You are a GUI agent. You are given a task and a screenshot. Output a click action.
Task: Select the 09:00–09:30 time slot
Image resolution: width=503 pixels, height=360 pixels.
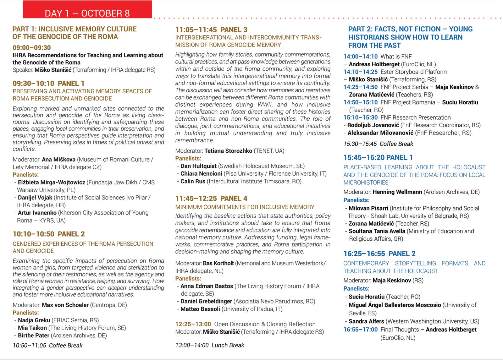32,48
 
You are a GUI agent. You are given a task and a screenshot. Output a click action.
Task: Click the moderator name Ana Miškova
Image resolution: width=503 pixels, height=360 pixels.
58,160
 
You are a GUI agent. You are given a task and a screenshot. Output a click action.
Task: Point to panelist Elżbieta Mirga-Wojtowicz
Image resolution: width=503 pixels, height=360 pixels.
52,182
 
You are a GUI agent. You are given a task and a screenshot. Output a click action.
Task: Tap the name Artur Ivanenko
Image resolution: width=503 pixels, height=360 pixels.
37,213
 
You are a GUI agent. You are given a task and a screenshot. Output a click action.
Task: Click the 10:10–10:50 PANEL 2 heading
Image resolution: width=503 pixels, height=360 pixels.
49,234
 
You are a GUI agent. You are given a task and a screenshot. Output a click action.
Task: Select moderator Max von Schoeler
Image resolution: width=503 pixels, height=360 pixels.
65,305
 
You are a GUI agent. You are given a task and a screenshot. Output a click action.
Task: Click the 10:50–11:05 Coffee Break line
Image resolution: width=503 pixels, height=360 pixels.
47,346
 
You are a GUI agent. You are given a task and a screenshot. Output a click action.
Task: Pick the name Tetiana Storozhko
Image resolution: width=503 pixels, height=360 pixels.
228,151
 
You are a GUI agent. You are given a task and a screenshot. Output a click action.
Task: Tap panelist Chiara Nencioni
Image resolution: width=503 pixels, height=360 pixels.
201,174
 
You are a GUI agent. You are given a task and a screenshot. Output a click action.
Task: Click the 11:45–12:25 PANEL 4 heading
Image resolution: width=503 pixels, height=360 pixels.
211,199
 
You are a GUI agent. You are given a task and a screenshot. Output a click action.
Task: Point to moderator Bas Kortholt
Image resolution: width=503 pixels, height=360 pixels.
218,263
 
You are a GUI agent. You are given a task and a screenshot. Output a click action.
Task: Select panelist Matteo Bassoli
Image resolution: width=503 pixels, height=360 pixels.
200,309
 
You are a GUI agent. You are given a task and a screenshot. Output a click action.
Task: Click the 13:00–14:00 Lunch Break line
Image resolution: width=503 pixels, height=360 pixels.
210,345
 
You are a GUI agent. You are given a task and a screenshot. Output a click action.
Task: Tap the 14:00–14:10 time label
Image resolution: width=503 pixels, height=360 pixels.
360,57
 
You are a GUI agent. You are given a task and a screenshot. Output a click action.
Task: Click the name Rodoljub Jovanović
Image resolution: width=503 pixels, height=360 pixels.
373,125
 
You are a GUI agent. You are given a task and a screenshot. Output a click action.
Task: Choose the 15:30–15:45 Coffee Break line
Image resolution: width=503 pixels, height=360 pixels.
378,144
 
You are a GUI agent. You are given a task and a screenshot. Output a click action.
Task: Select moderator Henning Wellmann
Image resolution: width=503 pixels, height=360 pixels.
397,192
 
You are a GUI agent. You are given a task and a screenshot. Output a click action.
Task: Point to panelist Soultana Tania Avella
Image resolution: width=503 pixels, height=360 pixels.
377,231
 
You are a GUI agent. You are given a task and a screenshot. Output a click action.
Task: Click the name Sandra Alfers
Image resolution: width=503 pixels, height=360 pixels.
366,321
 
